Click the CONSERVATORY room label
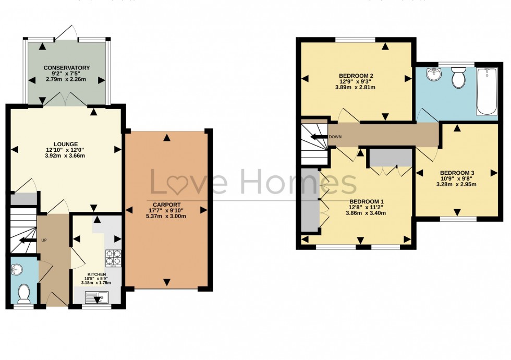[x=67, y=68]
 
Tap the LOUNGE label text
[x=66, y=144]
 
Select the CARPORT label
[x=166, y=204]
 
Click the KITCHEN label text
[x=97, y=274]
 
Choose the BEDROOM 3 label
[x=457, y=173]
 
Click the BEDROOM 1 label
[x=367, y=202]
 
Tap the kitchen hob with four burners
[x=113, y=258]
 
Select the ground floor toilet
[x=24, y=293]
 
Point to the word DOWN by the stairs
[x=335, y=137]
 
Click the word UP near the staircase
[x=44, y=241]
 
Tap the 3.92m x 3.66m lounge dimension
[x=66, y=155]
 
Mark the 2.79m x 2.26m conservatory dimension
[x=67, y=79]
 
